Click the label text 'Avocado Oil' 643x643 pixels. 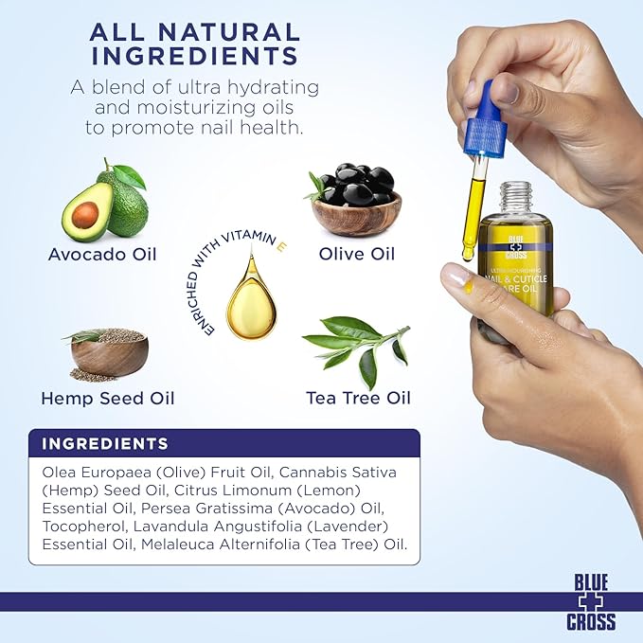tap(102, 254)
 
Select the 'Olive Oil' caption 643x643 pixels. tap(356, 254)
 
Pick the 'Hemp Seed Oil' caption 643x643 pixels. tap(107, 398)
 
